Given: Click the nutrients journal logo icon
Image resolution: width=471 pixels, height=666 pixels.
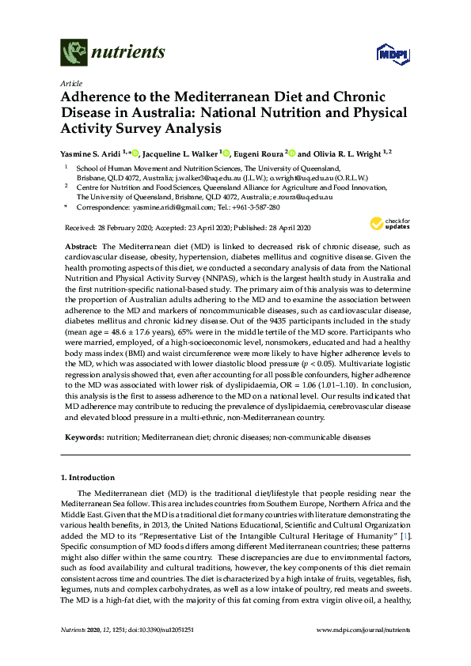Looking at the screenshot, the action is [x=73, y=54].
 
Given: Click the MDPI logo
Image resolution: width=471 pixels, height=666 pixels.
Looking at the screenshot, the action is [x=386, y=55].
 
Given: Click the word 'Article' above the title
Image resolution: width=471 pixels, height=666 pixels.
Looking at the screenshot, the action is [x=69, y=82].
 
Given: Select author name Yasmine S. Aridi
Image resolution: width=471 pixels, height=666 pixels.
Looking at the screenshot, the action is [x=90, y=153].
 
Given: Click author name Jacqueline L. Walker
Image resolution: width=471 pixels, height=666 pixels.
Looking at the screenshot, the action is [x=183, y=153].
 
